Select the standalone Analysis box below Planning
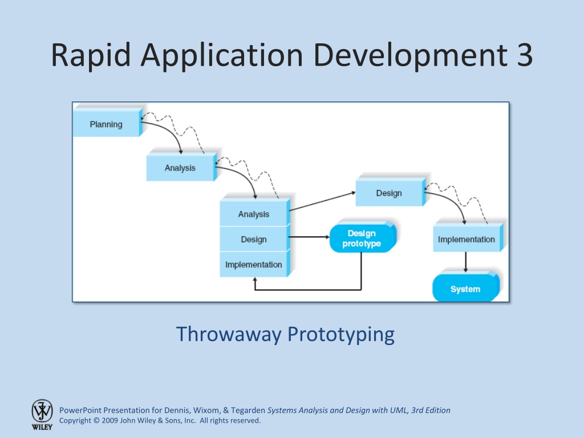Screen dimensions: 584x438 tap(181, 167)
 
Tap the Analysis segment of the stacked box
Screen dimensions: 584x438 tap(255, 213)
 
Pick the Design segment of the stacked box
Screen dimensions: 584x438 tap(255, 239)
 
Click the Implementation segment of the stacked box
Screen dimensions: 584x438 tap(255, 264)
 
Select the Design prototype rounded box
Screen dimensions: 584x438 tap(363, 237)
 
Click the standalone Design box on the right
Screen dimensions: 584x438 tap(390, 192)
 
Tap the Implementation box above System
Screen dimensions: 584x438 tap(468, 238)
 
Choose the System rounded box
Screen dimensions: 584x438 tap(465, 287)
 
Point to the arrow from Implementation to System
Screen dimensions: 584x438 tap(465, 262)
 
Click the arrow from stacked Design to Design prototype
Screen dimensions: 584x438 tap(309, 237)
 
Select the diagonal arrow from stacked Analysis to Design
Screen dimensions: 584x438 tap(323, 201)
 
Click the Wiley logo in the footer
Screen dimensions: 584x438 tap(42, 415)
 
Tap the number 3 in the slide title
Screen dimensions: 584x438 tap(525, 55)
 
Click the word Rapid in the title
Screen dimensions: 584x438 tap(91, 55)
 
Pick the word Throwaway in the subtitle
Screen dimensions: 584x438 tap(229, 334)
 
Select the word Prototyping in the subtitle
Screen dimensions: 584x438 tap(341, 334)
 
